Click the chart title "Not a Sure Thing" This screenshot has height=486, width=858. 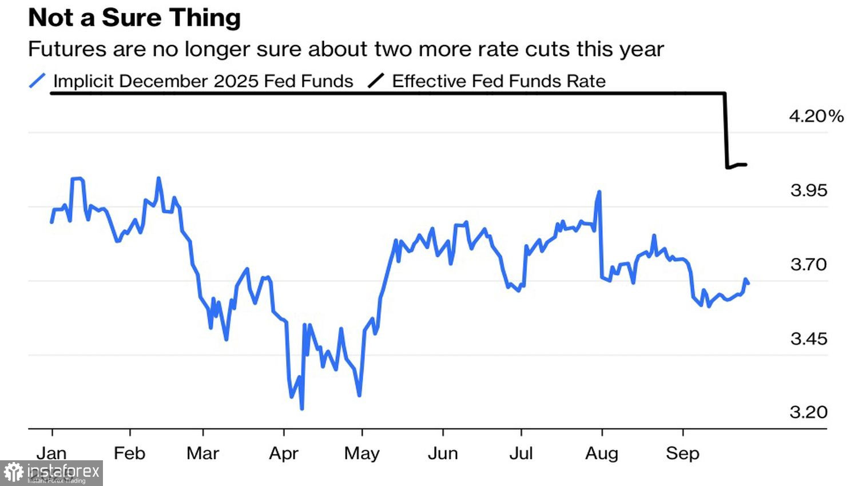(x=134, y=18)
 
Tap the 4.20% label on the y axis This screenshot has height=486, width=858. (x=816, y=116)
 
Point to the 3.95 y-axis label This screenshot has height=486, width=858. (x=808, y=190)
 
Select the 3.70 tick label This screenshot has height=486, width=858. (x=808, y=265)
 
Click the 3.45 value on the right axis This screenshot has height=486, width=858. (x=808, y=339)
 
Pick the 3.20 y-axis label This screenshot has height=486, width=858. (x=808, y=412)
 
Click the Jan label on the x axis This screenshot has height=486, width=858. (x=51, y=453)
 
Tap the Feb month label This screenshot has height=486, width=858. (x=129, y=453)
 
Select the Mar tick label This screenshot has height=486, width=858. (x=202, y=453)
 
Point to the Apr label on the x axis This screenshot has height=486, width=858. (x=284, y=453)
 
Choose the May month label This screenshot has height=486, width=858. (x=362, y=453)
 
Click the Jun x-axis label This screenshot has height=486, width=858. (x=443, y=453)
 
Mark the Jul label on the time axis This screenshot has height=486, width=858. (x=521, y=453)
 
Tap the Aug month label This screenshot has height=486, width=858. (x=602, y=453)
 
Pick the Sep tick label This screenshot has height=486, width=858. (x=682, y=453)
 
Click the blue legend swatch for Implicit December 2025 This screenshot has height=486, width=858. (x=37, y=81)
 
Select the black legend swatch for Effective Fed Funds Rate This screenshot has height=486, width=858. (x=376, y=81)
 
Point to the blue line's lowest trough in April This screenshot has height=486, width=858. (x=301, y=408)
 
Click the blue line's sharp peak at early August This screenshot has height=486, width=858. (x=599, y=192)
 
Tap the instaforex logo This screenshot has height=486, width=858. (x=51, y=473)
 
